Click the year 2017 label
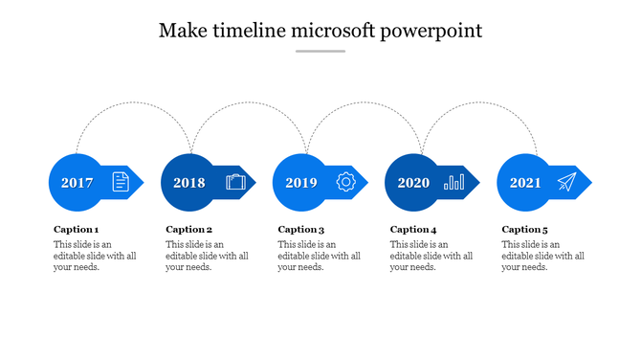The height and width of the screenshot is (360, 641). tap(77, 182)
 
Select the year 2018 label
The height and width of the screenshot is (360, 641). tap(188, 182)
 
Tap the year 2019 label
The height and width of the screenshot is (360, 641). tap(300, 182)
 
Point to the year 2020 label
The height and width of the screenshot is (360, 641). tap(413, 182)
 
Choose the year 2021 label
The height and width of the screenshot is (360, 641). tap(525, 182)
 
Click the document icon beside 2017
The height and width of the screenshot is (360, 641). tap(121, 181)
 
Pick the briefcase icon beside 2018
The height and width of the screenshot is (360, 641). tap(235, 181)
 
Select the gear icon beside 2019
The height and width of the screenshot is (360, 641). tap(346, 181)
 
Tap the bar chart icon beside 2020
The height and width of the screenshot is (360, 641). tap(454, 181)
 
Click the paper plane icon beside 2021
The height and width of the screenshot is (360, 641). tap(567, 181)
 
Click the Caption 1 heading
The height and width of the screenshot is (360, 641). tap(76, 230)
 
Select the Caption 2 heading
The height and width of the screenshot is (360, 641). tap(188, 230)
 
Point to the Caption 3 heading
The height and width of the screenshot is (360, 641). tap(301, 230)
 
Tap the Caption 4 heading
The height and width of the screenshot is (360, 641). tap(413, 230)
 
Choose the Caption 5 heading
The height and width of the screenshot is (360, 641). tap(525, 230)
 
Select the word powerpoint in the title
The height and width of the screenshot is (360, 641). tap(431, 32)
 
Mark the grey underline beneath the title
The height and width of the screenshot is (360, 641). tap(320, 51)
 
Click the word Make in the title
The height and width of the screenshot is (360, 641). tap(180, 31)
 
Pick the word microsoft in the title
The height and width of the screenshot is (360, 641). tap(331, 31)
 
